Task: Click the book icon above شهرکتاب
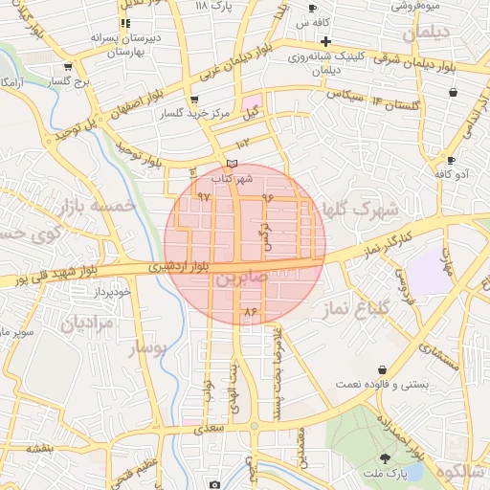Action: pos(232,164)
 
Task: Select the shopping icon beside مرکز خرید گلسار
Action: pos(195,100)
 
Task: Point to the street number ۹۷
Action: pos(203,195)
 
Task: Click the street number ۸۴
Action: pos(252,312)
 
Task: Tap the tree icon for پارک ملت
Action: pos(385,458)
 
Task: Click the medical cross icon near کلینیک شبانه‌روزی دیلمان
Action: pos(325,41)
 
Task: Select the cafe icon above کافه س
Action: pos(312,8)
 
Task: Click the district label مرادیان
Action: pos(88,323)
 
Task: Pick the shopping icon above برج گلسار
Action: pos(67,67)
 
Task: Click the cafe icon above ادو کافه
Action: pos(450,160)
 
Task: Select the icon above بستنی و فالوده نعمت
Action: pos(383,369)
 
